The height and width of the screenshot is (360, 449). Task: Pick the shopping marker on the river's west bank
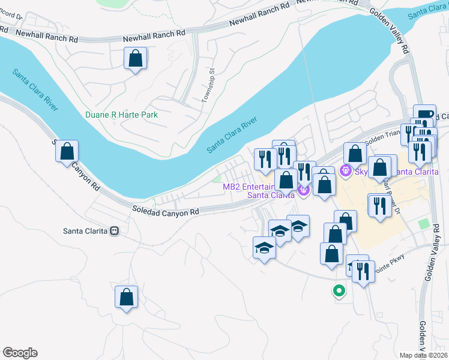pyautogui.click(x=67, y=151)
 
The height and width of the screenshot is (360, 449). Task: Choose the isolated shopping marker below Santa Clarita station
pyautogui.click(x=126, y=296)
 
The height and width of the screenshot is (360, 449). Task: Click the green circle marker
pyautogui.click(x=339, y=292)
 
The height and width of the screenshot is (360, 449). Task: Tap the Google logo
pyautogui.click(x=20, y=353)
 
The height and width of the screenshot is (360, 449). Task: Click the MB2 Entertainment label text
pyautogui.click(x=248, y=187)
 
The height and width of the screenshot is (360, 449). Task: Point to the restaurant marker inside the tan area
pyautogui.click(x=379, y=207)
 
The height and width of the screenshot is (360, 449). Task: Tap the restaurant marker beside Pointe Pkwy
pyautogui.click(x=363, y=271)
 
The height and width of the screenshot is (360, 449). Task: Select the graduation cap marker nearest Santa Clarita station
pyautogui.click(x=264, y=248)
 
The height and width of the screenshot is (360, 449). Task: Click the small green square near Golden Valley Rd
pyautogui.click(x=424, y=224)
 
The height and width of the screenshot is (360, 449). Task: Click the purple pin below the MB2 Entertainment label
pyautogui.click(x=303, y=191)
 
